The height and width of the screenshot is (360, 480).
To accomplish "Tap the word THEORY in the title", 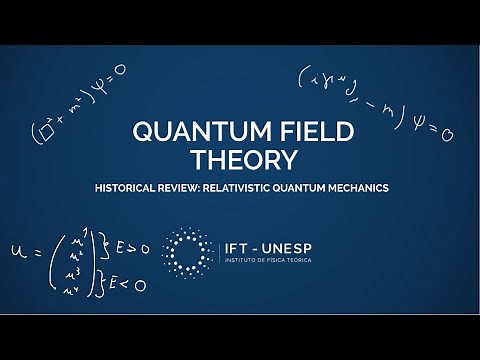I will coord(239,160).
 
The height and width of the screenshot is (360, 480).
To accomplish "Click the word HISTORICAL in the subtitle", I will coord(152,188).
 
